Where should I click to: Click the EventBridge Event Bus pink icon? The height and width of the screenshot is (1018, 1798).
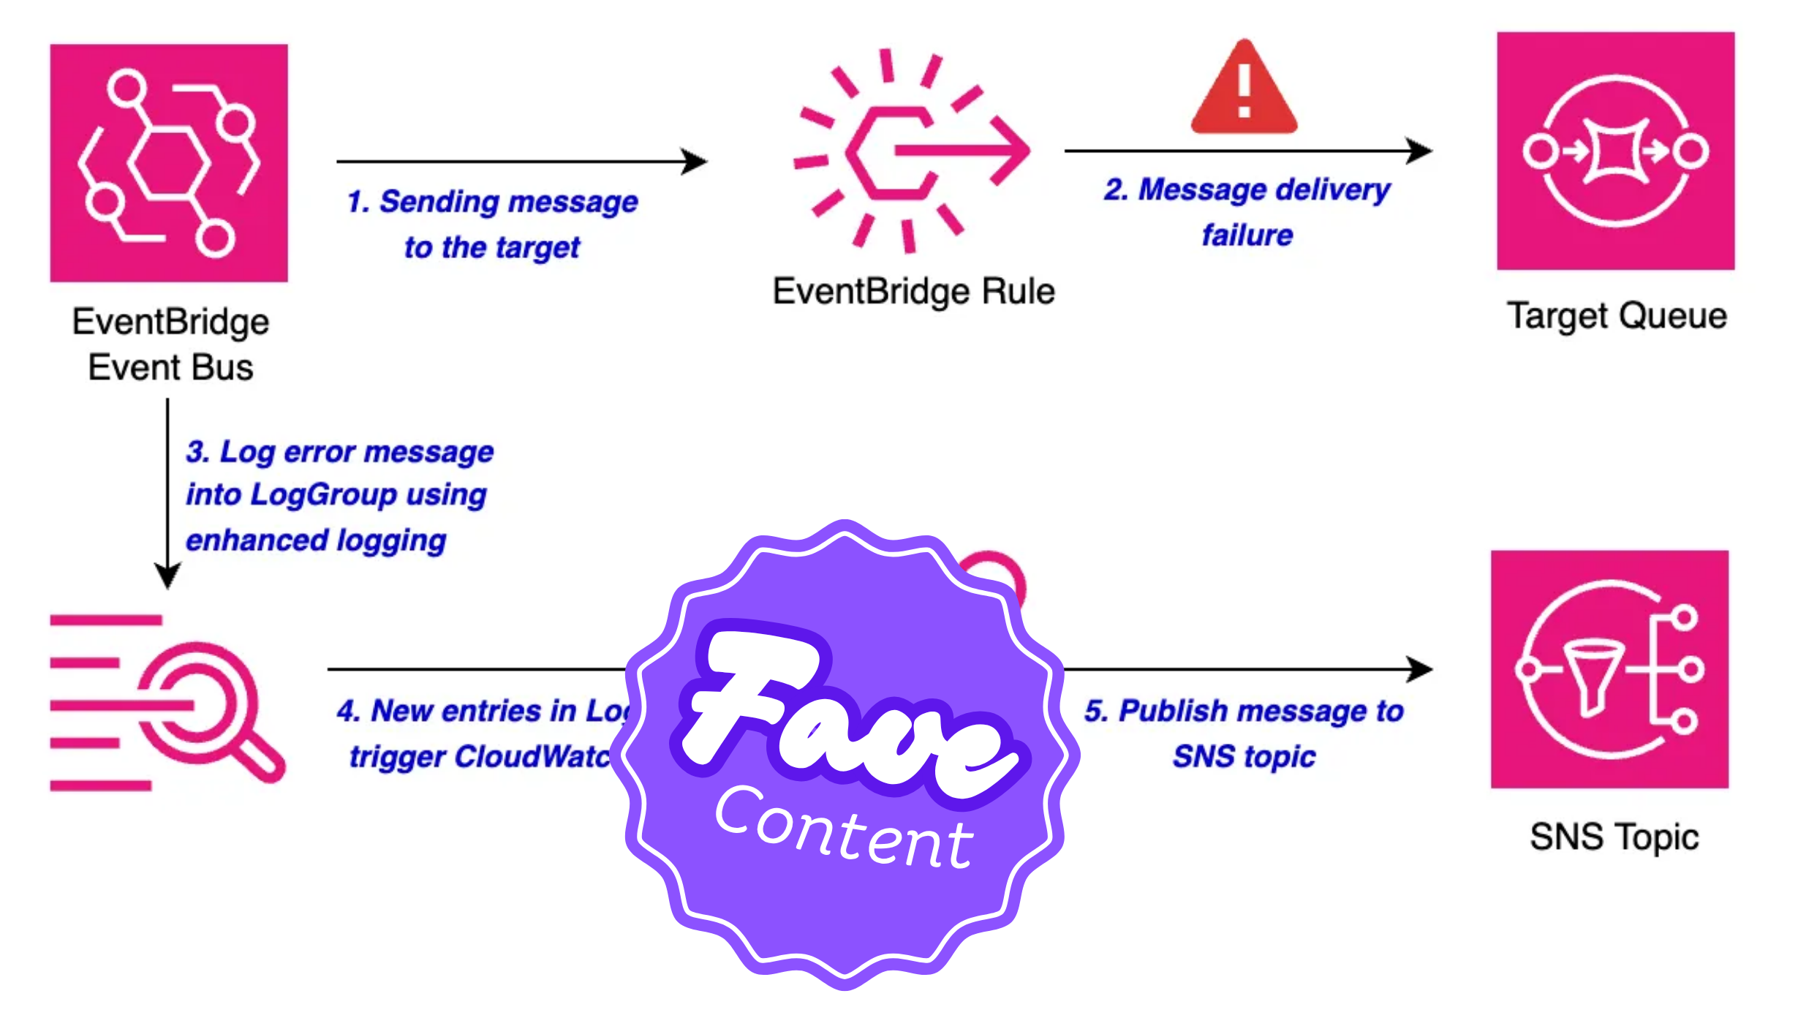169,163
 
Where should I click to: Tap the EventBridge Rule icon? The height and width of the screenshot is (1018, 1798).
912,151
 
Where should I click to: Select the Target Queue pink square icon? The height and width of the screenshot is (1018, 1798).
1615,151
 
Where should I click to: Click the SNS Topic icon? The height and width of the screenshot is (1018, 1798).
1609,669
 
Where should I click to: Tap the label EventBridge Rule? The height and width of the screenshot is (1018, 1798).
913,291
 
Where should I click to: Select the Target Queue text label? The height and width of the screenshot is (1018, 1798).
1617,316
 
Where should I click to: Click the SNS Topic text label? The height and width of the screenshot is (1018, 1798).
1614,837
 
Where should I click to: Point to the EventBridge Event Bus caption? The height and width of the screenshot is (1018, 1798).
170,344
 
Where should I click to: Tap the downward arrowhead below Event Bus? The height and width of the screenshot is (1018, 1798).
167,576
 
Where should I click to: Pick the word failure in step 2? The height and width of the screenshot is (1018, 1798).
1247,235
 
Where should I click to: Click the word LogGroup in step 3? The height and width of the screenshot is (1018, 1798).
323,495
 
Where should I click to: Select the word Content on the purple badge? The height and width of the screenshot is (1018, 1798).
845,830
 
